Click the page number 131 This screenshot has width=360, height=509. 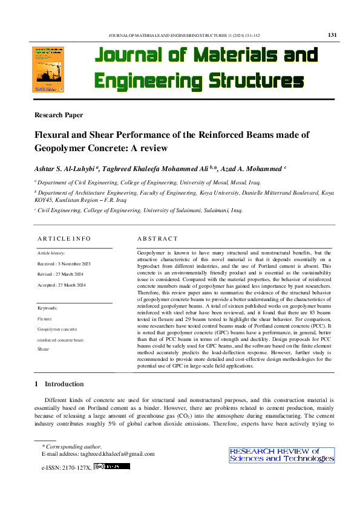click(x=332, y=34)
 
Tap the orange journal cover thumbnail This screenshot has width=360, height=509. click(x=48, y=70)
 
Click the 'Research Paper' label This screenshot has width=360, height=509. click(x=59, y=114)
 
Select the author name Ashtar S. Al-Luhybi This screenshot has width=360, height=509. click(x=67, y=167)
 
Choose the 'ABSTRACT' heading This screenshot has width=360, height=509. click(x=157, y=238)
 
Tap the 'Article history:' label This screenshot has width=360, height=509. click(x=51, y=253)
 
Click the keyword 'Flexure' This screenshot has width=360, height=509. click(x=45, y=318)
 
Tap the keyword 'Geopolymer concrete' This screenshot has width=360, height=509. click(x=57, y=329)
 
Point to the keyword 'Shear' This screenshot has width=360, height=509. click(x=43, y=349)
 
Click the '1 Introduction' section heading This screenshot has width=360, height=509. click(x=59, y=384)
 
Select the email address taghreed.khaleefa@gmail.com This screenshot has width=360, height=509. click(x=114, y=454)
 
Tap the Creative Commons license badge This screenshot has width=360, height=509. click(x=112, y=466)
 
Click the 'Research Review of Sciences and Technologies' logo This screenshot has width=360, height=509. click(x=281, y=455)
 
